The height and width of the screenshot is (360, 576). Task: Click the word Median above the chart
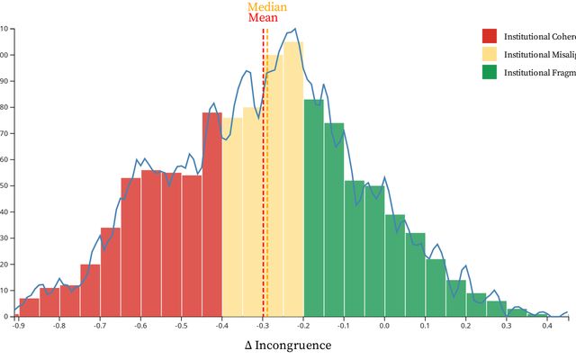[x=267, y=7]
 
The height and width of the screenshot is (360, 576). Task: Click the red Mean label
[x=263, y=18]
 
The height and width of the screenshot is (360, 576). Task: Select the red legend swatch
[x=490, y=36]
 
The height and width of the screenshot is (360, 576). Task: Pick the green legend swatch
[x=490, y=72]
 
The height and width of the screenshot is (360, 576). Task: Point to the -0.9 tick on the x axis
[x=18, y=326]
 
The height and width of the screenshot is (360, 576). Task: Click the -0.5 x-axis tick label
[x=181, y=326]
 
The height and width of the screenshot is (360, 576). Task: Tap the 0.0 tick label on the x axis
[x=384, y=326]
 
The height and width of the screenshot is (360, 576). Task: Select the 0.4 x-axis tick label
[x=547, y=326]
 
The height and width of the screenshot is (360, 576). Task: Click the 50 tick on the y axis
[x=4, y=185]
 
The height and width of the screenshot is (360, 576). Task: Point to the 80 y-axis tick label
[x=4, y=107]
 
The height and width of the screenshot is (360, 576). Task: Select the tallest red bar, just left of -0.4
[x=211, y=216]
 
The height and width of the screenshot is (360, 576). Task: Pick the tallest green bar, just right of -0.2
[x=313, y=207]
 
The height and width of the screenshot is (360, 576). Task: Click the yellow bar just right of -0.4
[x=232, y=216]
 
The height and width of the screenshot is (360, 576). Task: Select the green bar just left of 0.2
[x=455, y=298]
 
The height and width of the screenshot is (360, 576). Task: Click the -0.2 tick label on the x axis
[x=303, y=326]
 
